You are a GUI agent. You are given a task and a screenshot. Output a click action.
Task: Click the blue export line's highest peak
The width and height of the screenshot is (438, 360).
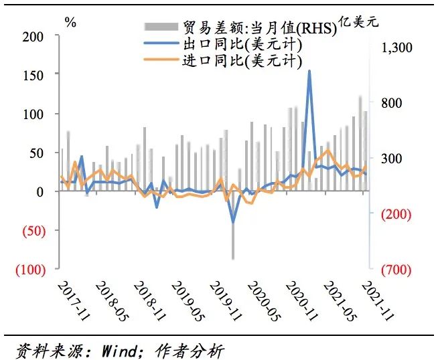point(309,71)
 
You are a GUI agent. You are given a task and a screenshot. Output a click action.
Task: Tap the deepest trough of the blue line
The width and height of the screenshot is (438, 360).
point(233,222)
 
